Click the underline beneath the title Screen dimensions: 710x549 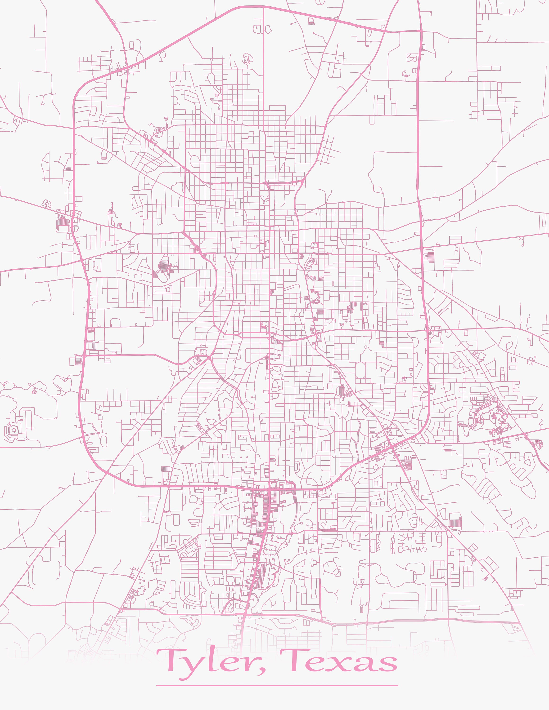(x=277, y=685)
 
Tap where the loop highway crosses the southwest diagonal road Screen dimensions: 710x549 (x=106, y=472)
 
